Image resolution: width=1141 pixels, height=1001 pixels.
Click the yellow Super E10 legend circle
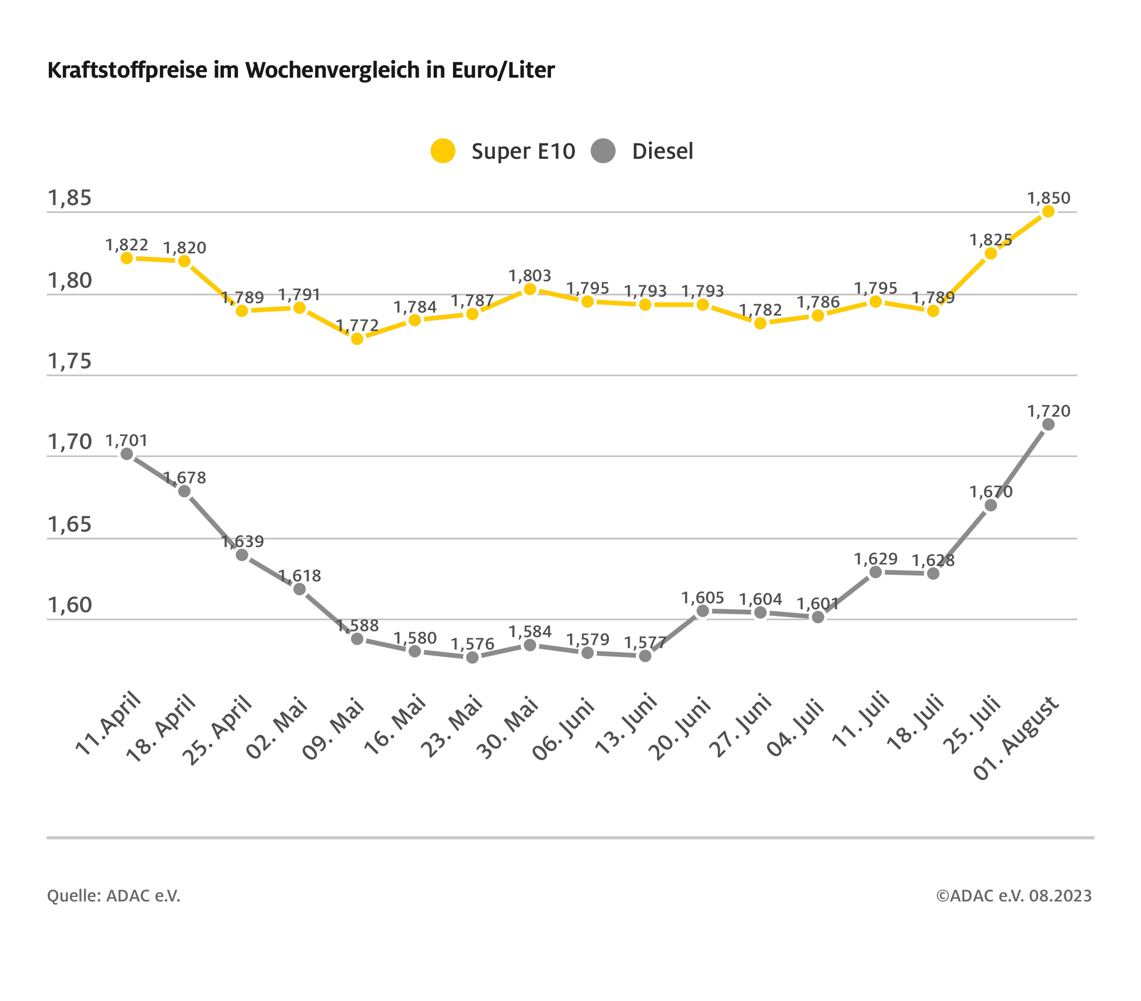(443, 151)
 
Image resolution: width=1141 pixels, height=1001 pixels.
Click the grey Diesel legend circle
(603, 151)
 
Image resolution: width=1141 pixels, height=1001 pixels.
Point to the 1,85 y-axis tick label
(69, 198)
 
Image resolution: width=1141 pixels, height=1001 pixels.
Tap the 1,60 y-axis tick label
(69, 605)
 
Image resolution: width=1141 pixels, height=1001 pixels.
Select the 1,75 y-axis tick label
(69, 361)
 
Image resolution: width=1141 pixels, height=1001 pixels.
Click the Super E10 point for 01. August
(1048, 212)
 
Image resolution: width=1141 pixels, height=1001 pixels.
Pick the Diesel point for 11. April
(127, 454)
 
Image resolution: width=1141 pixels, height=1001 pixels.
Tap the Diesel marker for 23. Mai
(472, 657)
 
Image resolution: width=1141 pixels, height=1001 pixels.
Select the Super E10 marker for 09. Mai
(357, 339)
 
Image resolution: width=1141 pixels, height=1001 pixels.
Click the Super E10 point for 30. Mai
(530, 289)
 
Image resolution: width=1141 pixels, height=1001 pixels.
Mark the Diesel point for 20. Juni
(703, 611)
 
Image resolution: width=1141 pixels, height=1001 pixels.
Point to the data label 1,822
(127, 244)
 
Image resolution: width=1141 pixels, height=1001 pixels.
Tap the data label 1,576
(472, 644)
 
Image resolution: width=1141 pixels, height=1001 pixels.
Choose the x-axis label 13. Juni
(626, 724)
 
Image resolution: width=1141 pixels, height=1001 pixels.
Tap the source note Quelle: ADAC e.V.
(114, 895)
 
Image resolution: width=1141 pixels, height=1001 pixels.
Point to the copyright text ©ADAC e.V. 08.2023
(1013, 895)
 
